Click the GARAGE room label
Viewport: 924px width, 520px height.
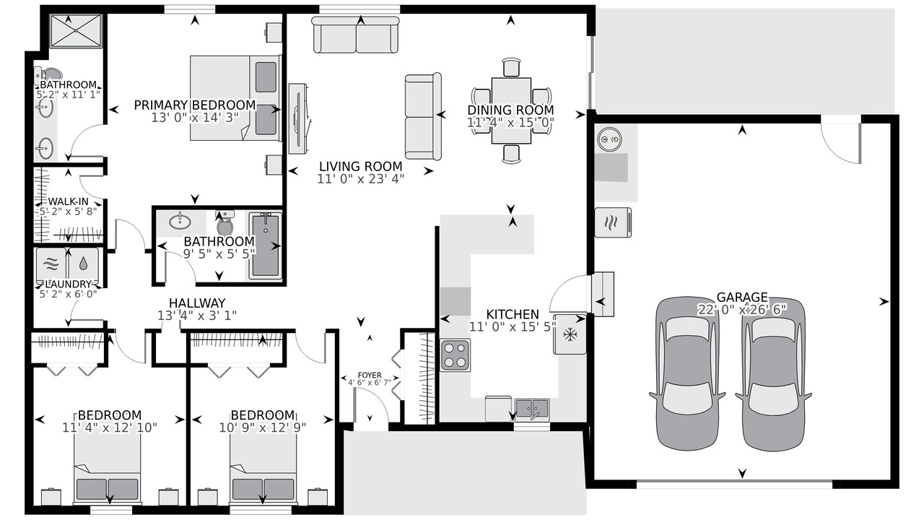click(742, 297)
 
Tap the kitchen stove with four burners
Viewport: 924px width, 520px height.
click(455, 355)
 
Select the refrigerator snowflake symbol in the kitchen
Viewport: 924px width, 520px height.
click(570, 334)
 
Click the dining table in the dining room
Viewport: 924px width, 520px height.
click(511, 110)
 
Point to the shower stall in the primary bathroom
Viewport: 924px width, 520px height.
click(76, 31)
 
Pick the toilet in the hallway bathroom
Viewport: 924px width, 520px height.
click(225, 223)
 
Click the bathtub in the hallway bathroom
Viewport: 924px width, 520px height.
click(265, 245)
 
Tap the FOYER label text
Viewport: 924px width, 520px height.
click(370, 375)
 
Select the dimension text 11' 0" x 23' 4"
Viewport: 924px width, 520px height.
click(360, 179)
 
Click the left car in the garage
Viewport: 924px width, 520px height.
click(687, 373)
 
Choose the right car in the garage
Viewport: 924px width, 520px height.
click(773, 374)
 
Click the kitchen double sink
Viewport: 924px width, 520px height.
click(532, 408)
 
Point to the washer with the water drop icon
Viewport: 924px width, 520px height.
click(83, 264)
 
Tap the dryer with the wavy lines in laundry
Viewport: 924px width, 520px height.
click(51, 264)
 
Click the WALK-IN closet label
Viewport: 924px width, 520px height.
click(69, 201)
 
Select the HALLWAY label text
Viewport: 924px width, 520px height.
click(197, 303)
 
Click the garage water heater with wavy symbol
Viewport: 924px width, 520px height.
click(613, 222)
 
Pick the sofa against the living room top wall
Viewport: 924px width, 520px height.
click(356, 35)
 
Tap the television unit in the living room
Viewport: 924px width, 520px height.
click(298, 119)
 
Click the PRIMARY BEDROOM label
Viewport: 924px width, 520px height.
click(195, 105)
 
